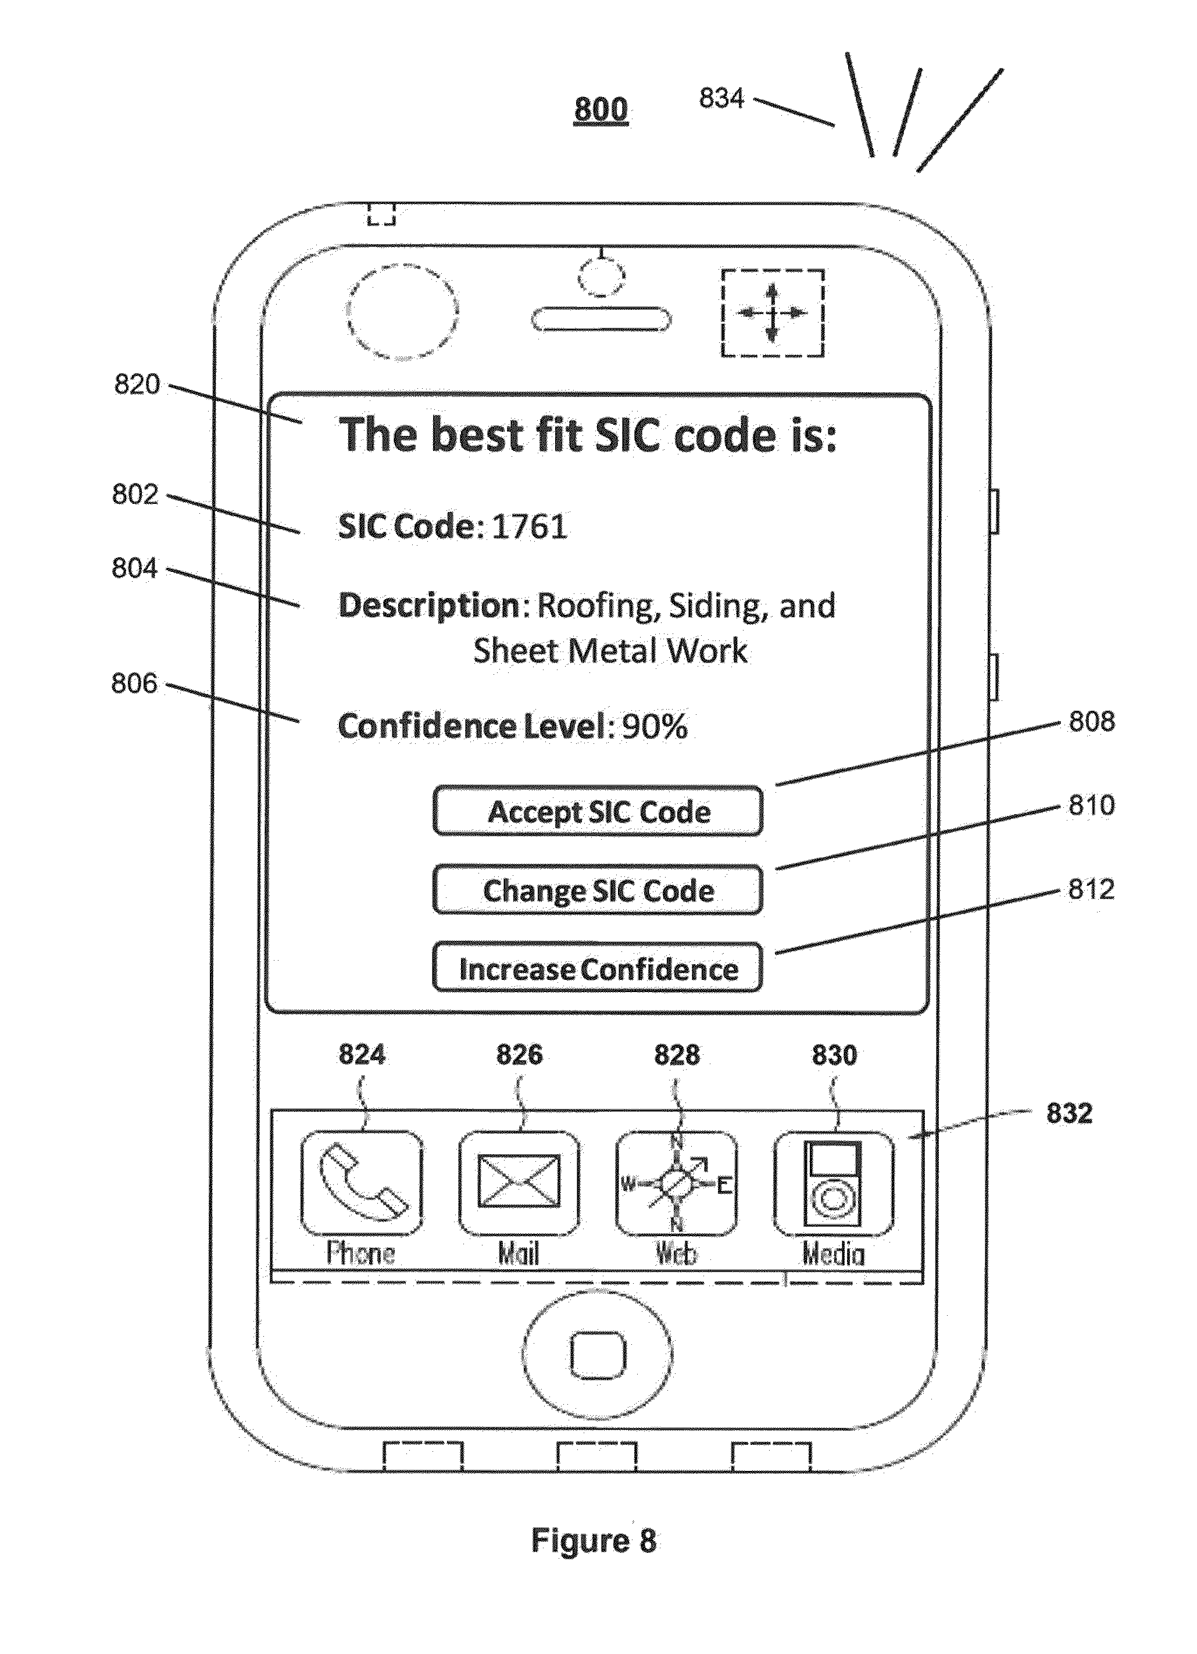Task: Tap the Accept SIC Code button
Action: (598, 811)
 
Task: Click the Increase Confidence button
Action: (598, 968)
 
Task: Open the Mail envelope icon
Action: (519, 1182)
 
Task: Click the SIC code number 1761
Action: (530, 527)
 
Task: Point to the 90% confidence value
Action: (654, 726)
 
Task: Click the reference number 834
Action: (721, 98)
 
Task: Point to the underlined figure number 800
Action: (601, 109)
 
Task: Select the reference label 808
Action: (1091, 721)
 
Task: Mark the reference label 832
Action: (1069, 1114)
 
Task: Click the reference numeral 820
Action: (137, 384)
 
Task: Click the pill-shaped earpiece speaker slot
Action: (601, 320)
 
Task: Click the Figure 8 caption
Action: (593, 1541)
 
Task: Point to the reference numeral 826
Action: (519, 1055)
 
